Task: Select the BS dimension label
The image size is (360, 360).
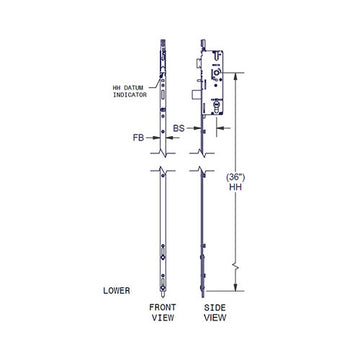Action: pyautogui.click(x=181, y=128)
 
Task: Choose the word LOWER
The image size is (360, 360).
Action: pyautogui.click(x=117, y=291)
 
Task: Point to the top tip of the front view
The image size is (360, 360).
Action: pyautogui.click(x=162, y=42)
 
